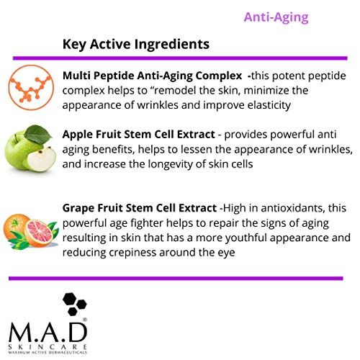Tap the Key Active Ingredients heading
pyautogui.click(x=136, y=45)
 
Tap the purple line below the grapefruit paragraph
pyautogui.click(x=180, y=277)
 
